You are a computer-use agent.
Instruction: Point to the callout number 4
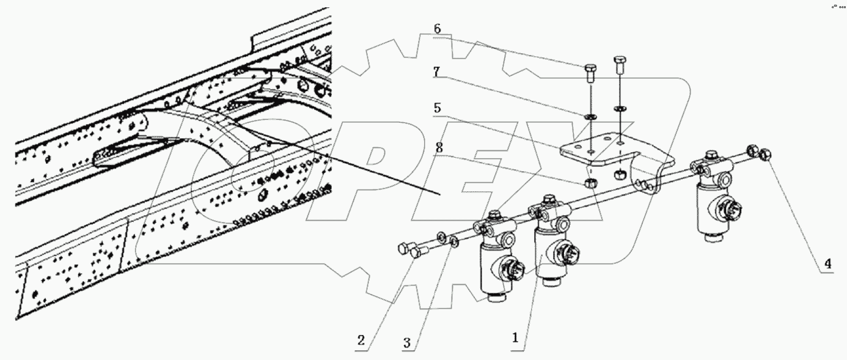click(x=827, y=265)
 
